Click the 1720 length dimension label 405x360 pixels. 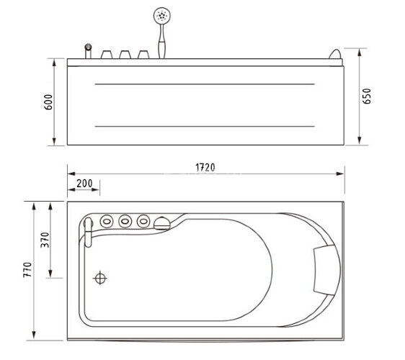205,168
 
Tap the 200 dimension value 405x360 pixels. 84,184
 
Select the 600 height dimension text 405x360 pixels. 48,102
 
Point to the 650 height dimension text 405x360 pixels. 367,96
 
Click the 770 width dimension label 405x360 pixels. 27,270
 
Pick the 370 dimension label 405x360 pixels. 45,240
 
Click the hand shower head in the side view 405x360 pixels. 162,16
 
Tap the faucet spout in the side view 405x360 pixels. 89,51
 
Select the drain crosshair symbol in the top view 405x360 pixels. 100,278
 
